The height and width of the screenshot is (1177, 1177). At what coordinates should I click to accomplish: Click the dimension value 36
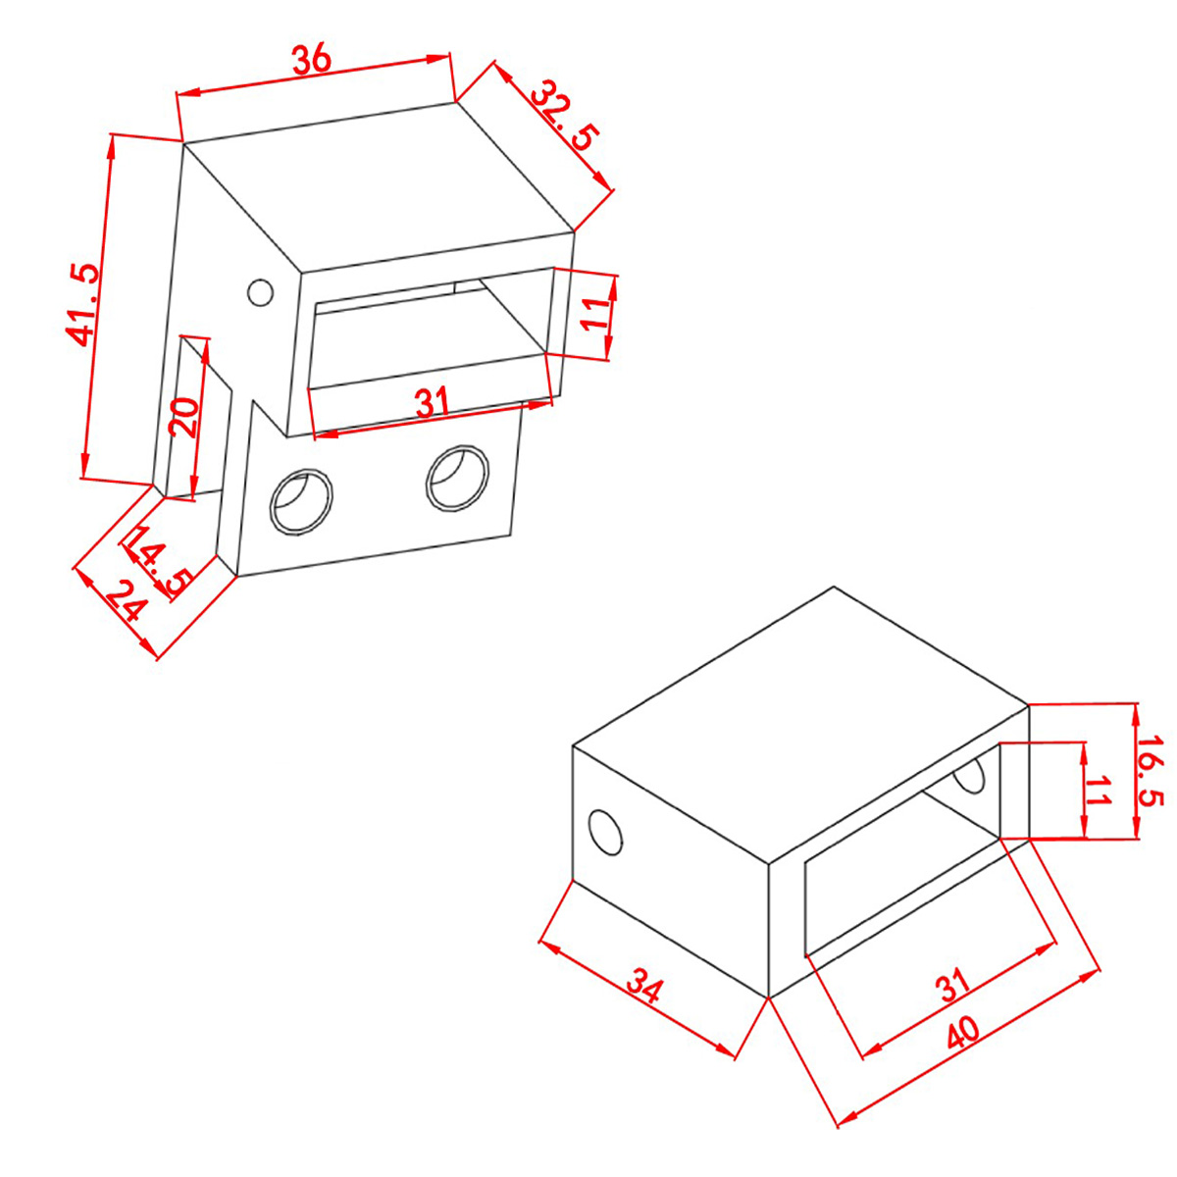click(312, 59)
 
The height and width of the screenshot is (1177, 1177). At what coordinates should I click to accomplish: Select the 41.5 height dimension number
click(81, 304)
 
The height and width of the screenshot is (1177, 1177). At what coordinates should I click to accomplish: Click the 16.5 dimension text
click(1151, 772)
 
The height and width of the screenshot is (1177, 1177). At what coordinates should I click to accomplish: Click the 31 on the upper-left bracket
click(433, 402)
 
